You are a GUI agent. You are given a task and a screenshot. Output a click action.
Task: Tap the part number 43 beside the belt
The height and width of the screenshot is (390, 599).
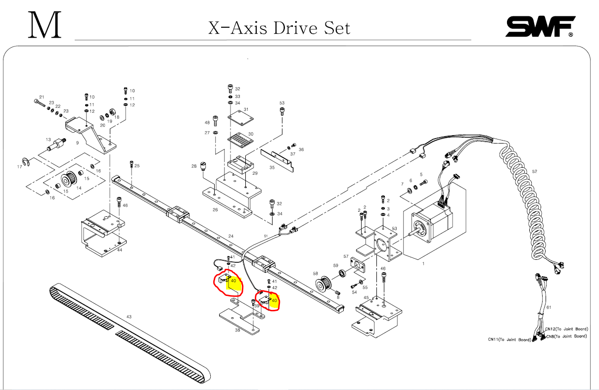pyautogui.click(x=129, y=316)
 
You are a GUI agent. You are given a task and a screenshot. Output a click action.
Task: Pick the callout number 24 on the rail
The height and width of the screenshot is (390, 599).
pyautogui.click(x=230, y=236)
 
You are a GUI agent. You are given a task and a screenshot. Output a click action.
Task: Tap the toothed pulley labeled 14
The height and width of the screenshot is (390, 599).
pyautogui.click(x=68, y=179)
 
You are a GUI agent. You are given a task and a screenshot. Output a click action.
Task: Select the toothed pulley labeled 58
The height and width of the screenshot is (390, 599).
pyautogui.click(x=324, y=285)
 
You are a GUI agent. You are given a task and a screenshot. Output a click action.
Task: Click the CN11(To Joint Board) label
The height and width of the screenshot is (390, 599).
pyautogui.click(x=509, y=340)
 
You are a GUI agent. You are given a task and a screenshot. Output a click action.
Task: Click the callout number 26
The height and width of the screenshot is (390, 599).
pyautogui.click(x=215, y=209)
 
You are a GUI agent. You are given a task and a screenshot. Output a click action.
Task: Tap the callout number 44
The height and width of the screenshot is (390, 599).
pyautogui.click(x=120, y=250)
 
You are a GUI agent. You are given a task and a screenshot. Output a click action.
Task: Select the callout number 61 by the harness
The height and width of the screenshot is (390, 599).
pyautogui.click(x=549, y=307)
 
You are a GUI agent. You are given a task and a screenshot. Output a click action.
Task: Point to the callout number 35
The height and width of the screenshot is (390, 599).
pyautogui.click(x=272, y=168)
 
